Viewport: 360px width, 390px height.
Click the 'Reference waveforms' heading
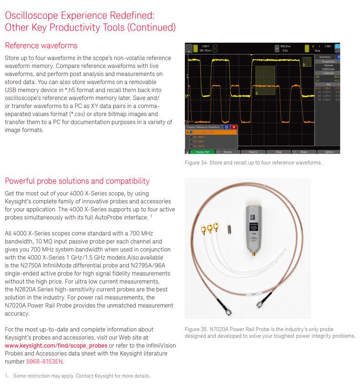[x=41, y=46]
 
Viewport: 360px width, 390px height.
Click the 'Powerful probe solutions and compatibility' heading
[x=77, y=181]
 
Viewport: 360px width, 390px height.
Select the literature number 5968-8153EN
[x=45, y=362]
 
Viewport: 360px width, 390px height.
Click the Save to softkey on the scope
[x=253, y=152]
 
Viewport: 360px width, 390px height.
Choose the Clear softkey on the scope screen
[x=278, y=152]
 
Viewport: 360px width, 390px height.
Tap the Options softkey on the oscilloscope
[x=329, y=152]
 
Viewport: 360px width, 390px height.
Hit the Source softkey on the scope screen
[x=227, y=152]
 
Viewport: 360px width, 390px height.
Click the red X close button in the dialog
[x=234, y=127]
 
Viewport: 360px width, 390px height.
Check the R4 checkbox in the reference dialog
[x=191, y=146]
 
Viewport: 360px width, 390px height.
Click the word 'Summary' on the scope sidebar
[x=325, y=57]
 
